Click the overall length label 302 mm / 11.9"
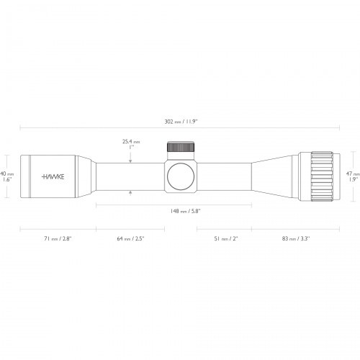click(x=181, y=122)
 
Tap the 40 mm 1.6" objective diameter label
click(x=6, y=176)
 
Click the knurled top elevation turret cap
click(x=180, y=148)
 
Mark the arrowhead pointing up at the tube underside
click(x=130, y=193)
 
